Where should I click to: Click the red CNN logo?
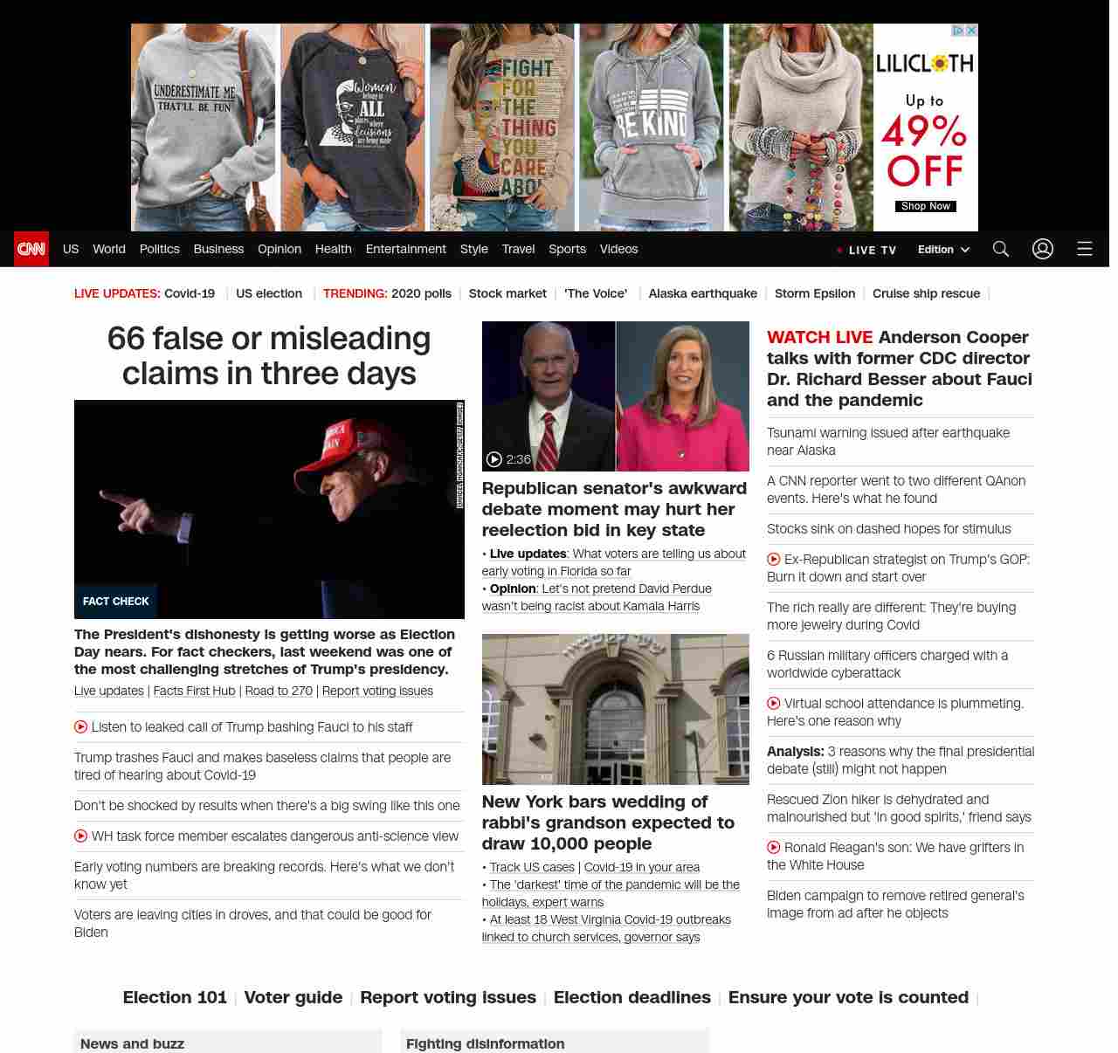[x=31, y=249]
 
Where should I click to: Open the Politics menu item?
[x=159, y=249]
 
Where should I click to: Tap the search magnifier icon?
[x=1000, y=249]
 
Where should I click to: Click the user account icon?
[x=1042, y=249]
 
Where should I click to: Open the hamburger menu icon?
[x=1084, y=249]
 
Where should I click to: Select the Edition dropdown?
[x=943, y=249]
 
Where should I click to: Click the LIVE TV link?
[x=866, y=250]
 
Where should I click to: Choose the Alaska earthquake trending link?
[x=702, y=293]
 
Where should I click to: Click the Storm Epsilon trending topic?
[x=814, y=293]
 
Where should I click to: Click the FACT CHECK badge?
[x=115, y=601]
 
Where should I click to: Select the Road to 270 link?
[x=279, y=691]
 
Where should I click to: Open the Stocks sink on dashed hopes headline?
[x=888, y=529]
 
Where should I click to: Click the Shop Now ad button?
[x=925, y=207]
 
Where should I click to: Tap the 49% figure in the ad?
[x=924, y=133]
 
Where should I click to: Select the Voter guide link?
[x=293, y=997]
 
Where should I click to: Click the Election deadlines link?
[x=631, y=997]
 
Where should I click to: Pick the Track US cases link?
[x=532, y=867]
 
